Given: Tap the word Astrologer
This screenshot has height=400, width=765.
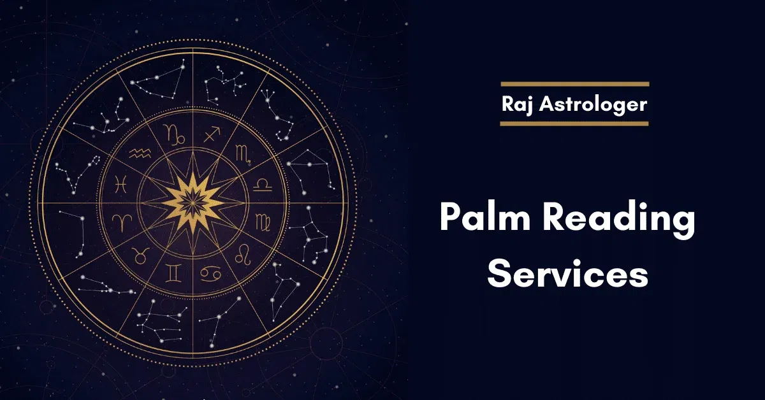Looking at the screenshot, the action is pos(594,104).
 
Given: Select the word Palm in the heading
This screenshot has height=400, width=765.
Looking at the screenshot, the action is pos(485,217).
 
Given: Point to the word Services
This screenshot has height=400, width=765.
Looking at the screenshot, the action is pos(567,274).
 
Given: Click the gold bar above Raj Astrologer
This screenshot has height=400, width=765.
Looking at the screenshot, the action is pos(575,84).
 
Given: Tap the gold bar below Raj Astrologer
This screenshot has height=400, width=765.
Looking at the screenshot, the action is pos(574,124).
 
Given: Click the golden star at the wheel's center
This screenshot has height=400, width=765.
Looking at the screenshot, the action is pos(193,203).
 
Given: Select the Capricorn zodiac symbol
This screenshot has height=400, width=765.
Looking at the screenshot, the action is pos(174,134).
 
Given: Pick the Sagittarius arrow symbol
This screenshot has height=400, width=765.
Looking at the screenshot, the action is pos(212,134).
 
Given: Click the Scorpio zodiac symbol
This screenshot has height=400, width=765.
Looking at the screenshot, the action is pos(244,154).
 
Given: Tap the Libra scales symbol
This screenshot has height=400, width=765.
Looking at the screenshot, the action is pos(263,185).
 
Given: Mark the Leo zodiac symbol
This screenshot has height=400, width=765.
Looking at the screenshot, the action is pos(243,255).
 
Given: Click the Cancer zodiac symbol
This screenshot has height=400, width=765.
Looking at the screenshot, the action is pos(210,274).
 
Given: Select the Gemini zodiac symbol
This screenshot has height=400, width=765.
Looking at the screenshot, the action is pos(173,274).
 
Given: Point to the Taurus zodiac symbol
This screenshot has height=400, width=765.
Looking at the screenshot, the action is pos(140,255).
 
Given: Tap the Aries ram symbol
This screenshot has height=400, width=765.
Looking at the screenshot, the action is pos(122,222).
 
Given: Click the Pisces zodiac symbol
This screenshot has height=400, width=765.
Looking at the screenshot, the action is pos(121,184).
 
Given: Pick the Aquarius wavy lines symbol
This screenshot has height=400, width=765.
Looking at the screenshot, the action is pos(140,154).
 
